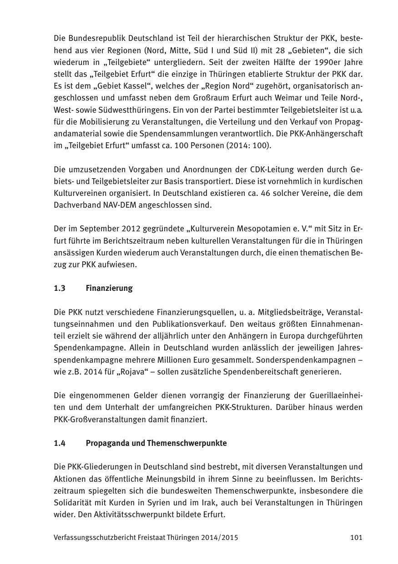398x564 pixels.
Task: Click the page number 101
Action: tap(356, 538)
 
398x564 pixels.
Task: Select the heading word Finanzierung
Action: tap(109, 288)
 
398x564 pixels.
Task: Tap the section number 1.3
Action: tap(60, 288)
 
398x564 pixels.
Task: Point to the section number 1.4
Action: tap(60, 443)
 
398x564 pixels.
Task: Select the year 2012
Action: tap(134, 229)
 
